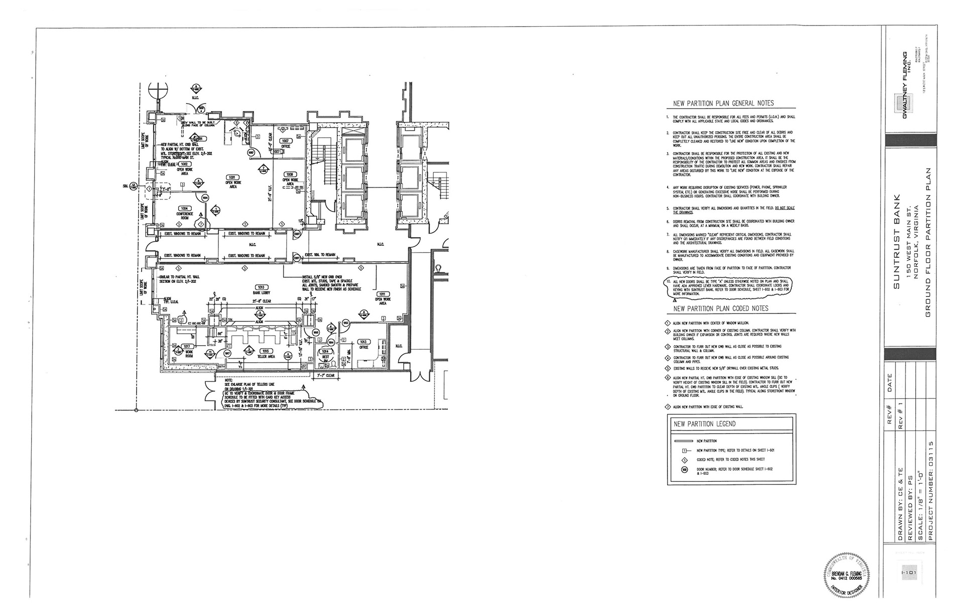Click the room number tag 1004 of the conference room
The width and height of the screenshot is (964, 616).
click(x=184, y=208)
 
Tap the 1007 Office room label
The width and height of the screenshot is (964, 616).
click(x=286, y=141)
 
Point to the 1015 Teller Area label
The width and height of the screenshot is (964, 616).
click(x=266, y=351)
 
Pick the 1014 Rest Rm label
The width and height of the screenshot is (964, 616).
click(x=325, y=351)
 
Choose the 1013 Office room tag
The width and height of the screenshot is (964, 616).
click(x=364, y=342)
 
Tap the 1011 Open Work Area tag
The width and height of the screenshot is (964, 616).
click(x=382, y=294)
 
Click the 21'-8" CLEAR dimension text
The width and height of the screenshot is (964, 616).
click(x=261, y=301)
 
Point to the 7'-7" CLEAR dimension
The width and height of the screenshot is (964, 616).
click(x=326, y=375)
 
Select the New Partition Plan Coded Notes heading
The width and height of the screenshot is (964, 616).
click(x=720, y=309)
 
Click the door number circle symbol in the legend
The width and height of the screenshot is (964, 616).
click(x=684, y=470)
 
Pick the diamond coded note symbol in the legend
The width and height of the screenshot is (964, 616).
click(x=684, y=460)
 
